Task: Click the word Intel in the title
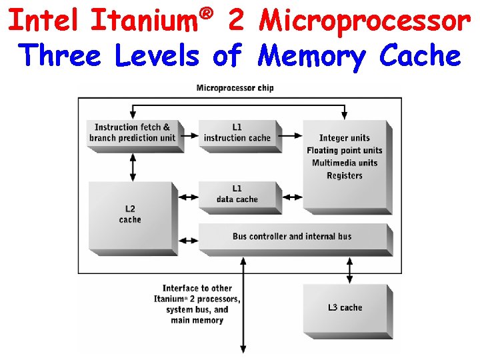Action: point(45,21)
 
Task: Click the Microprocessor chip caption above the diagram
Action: point(235,88)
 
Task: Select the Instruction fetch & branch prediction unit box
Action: point(133,133)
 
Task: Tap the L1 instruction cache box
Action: point(237,133)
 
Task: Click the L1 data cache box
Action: point(237,194)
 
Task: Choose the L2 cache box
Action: point(130,214)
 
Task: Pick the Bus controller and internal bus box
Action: point(292,237)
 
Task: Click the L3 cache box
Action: point(345,307)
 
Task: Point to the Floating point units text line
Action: point(344,151)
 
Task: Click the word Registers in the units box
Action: point(344,176)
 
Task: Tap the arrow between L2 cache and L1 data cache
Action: point(189,198)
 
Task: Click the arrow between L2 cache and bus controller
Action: point(189,239)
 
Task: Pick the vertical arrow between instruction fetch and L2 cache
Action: point(133,167)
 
